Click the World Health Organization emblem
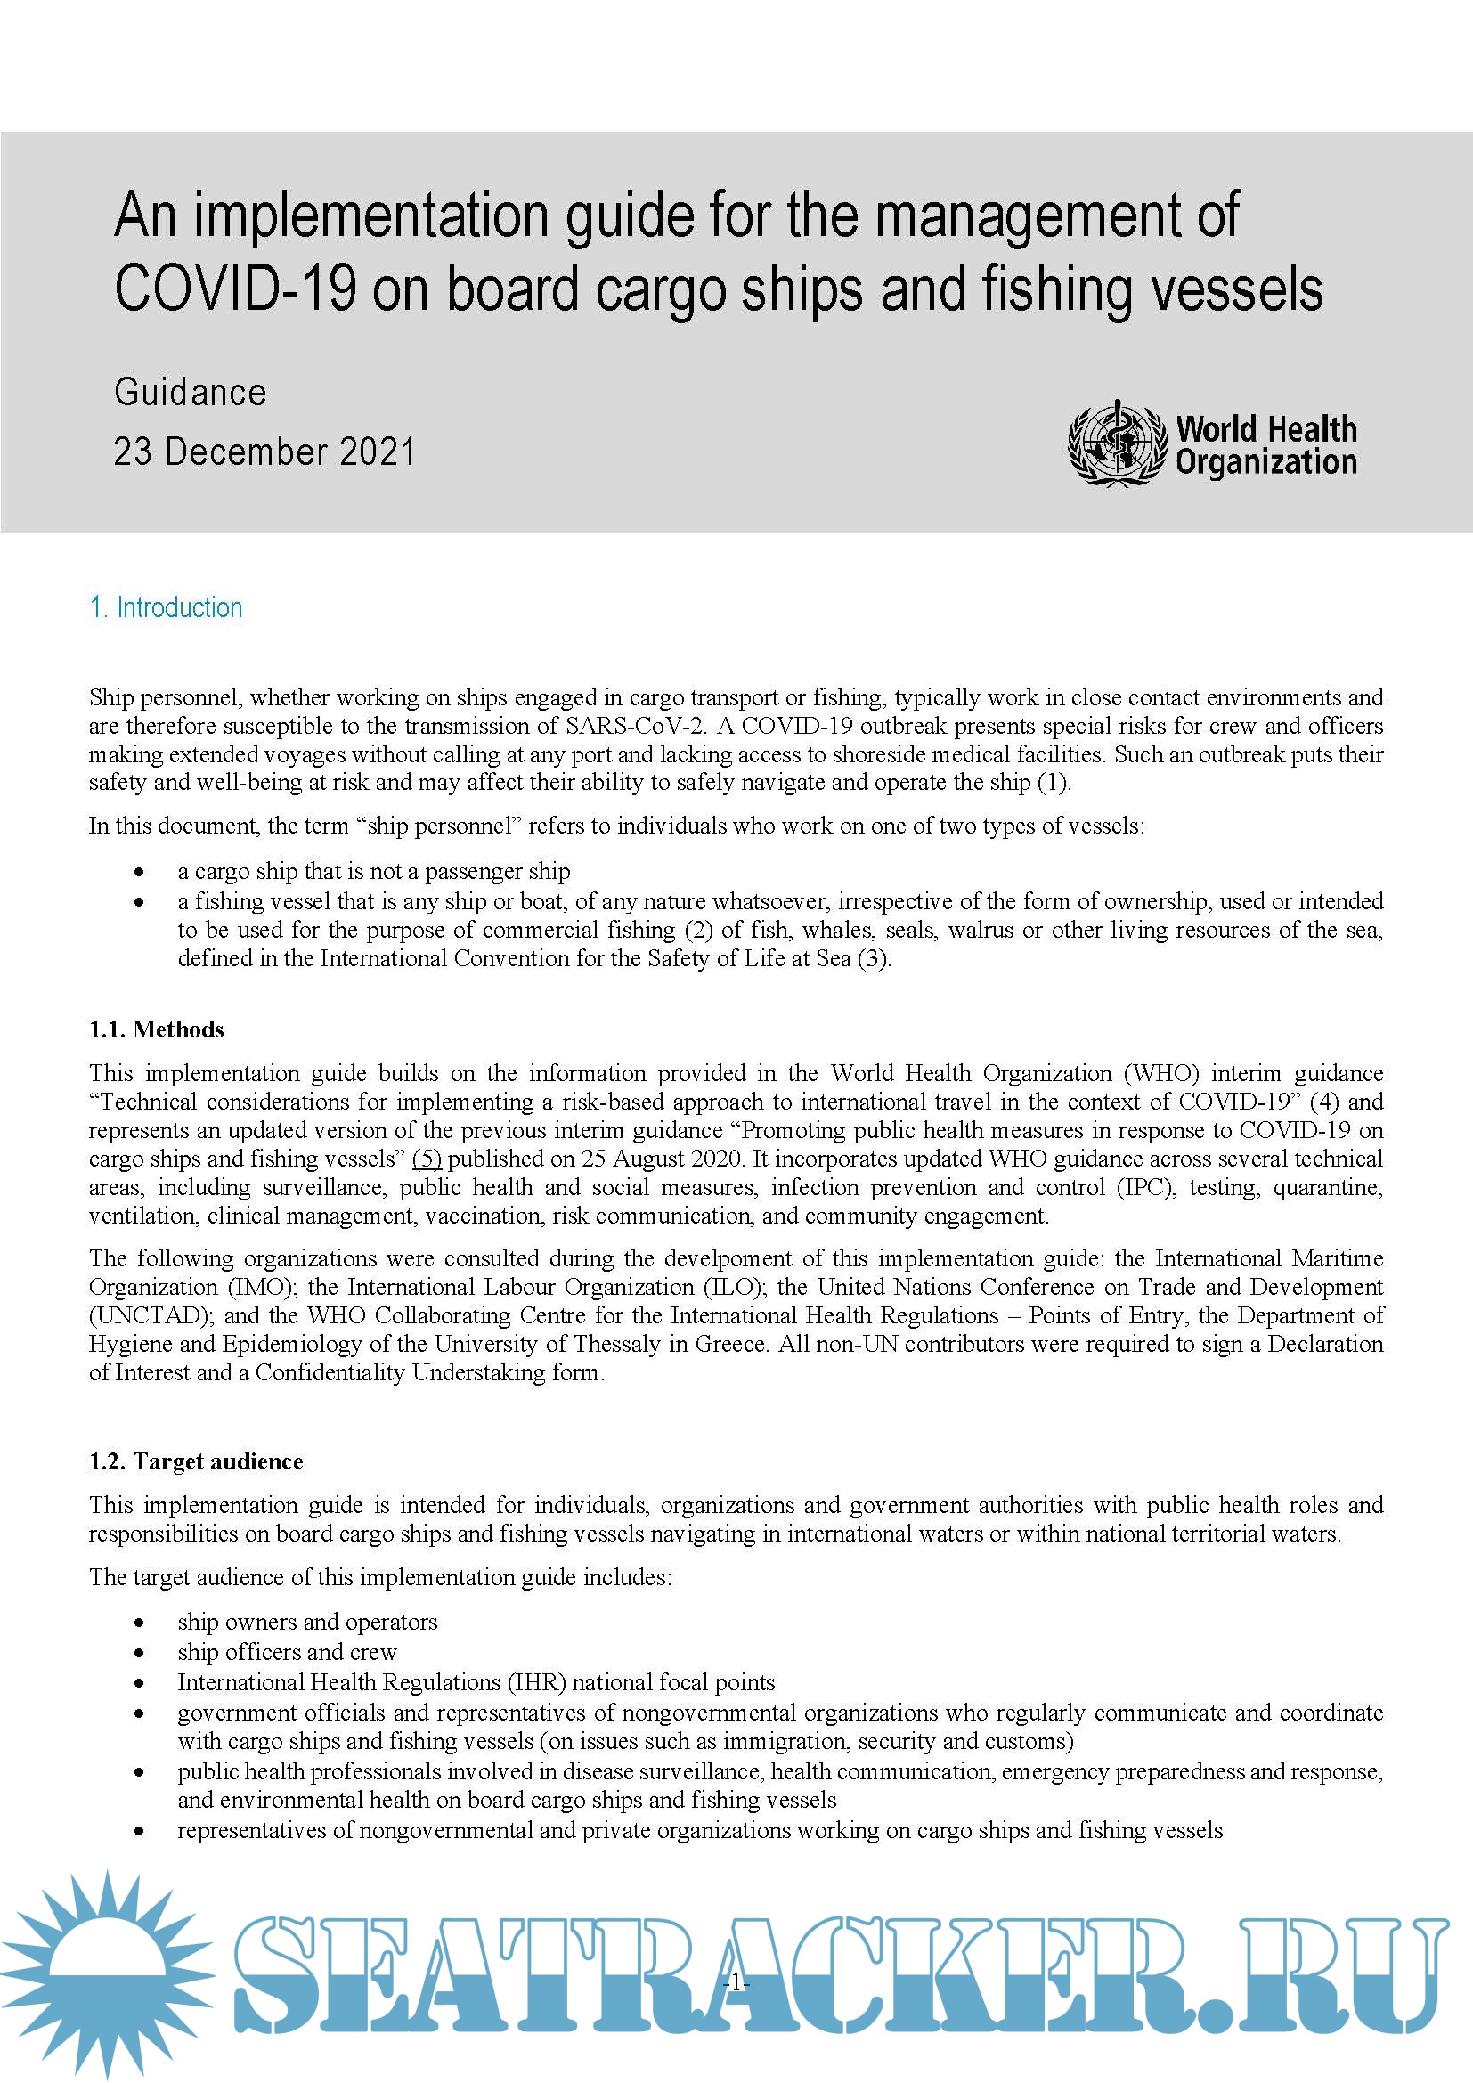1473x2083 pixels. (x=1117, y=443)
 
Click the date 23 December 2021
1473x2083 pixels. (x=264, y=452)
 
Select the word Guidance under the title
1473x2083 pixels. (x=191, y=392)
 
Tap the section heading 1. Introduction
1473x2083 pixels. (x=166, y=607)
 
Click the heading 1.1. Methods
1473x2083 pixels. (x=156, y=1029)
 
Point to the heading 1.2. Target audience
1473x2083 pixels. (x=196, y=1461)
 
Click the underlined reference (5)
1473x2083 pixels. (x=427, y=1159)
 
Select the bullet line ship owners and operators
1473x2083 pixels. (x=307, y=1621)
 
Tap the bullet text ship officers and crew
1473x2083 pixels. (x=288, y=1651)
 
